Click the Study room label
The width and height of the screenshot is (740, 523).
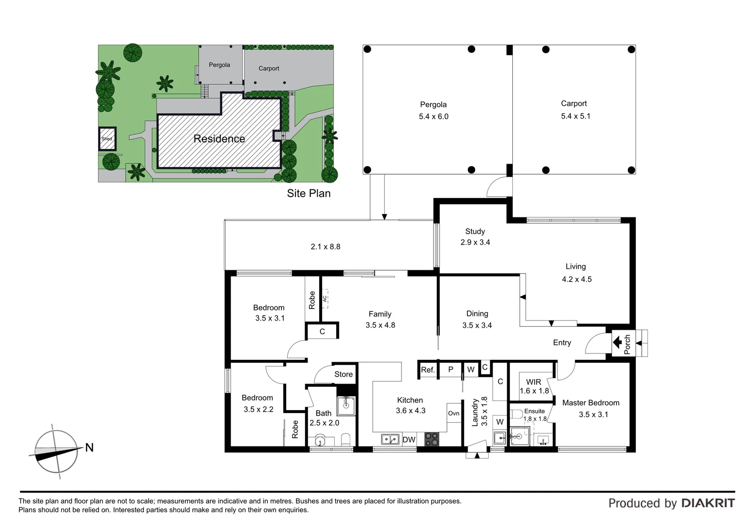(475, 231)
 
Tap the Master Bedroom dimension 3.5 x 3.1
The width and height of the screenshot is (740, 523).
(593, 415)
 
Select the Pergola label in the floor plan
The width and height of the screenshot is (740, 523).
(433, 105)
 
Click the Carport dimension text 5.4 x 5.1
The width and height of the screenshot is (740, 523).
(575, 116)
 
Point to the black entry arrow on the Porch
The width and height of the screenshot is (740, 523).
(617, 343)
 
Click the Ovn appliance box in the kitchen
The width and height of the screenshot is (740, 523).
(454, 413)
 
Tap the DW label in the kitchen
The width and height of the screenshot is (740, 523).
(409, 440)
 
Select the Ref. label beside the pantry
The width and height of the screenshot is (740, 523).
(428, 370)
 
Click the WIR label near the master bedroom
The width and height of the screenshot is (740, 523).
(533, 382)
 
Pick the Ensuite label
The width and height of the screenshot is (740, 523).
(534, 411)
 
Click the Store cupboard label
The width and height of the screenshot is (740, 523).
(343, 374)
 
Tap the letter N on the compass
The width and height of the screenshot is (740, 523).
(89, 447)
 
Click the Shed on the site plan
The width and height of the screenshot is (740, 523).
(107, 138)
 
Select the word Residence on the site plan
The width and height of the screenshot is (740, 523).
(219, 139)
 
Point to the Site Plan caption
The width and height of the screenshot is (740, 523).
(308, 194)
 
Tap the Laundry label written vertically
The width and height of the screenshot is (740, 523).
(475, 413)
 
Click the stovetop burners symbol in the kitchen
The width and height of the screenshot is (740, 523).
(432, 439)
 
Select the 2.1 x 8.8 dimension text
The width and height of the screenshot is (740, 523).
(325, 247)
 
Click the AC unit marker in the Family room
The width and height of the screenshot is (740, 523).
(325, 298)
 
